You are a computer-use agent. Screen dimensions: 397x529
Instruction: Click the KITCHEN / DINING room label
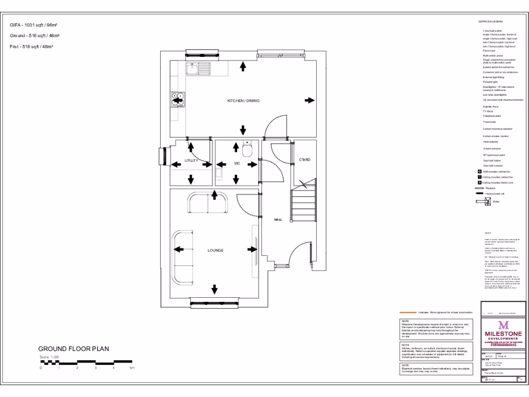(x=243, y=101)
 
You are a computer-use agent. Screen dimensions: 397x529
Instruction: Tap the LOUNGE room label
(x=215, y=250)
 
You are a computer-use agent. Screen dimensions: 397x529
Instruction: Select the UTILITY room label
(x=192, y=161)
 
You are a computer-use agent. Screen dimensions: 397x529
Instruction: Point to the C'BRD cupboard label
(x=304, y=160)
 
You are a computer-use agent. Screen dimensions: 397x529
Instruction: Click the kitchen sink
(x=198, y=67)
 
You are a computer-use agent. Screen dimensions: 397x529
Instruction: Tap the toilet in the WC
(x=247, y=149)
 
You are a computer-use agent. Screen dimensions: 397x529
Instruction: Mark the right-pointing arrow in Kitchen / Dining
(x=310, y=100)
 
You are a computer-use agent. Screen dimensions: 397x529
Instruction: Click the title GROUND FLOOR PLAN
(x=74, y=348)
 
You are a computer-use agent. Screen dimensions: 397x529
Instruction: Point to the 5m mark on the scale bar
(x=132, y=368)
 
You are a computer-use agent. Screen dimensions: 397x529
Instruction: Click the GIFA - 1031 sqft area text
(x=34, y=25)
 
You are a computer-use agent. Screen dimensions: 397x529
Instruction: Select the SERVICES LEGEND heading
(x=490, y=22)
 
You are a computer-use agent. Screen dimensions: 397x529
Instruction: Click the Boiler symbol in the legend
(x=487, y=201)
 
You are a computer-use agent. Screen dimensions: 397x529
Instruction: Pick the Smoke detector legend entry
(x=491, y=148)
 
